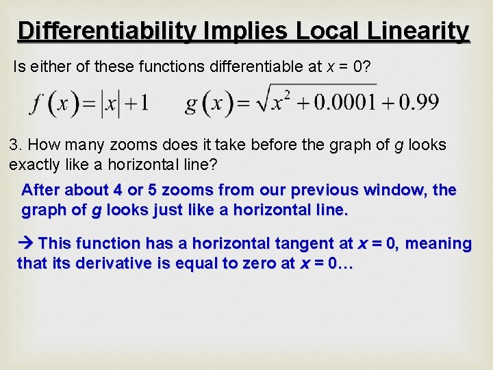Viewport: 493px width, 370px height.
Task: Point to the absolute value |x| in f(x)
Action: [x=110, y=103]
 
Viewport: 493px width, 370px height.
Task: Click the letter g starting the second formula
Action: [x=191, y=105]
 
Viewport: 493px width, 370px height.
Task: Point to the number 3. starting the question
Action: [x=15, y=145]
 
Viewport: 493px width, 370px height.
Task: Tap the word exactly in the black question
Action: [x=35, y=164]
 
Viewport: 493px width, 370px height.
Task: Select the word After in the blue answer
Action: [x=41, y=190]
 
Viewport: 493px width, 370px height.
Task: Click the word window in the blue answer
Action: [x=398, y=190]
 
